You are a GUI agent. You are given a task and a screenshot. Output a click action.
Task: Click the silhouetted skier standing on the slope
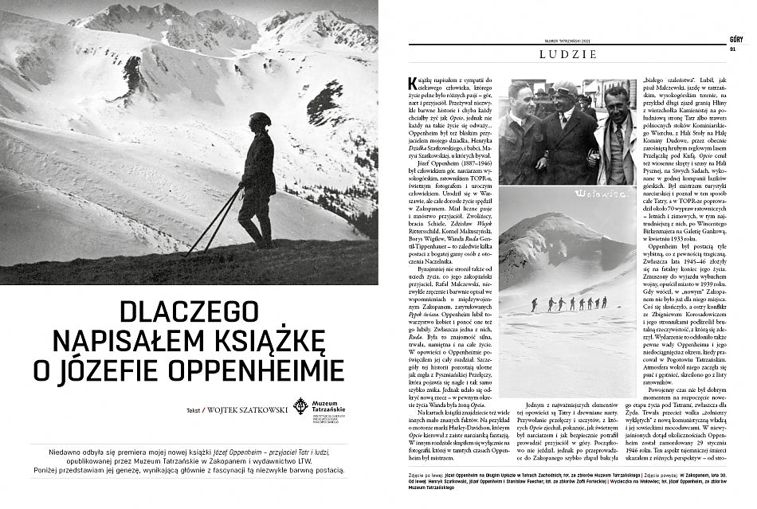[257, 179]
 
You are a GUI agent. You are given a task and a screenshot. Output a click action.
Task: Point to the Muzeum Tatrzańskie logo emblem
[300, 406]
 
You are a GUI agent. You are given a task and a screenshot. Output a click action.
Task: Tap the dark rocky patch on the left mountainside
[131, 76]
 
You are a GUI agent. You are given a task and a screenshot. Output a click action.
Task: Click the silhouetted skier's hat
[260, 119]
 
